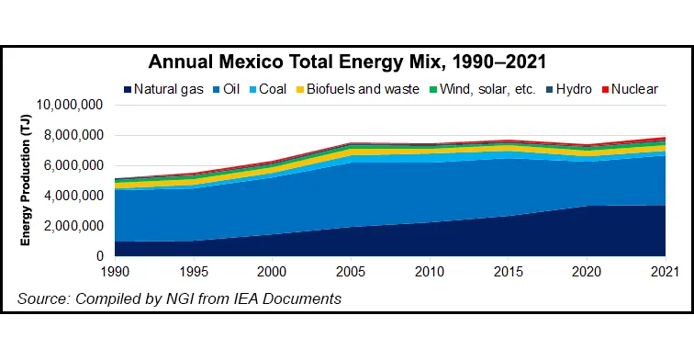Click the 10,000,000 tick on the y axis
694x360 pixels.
pos(68,106)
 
